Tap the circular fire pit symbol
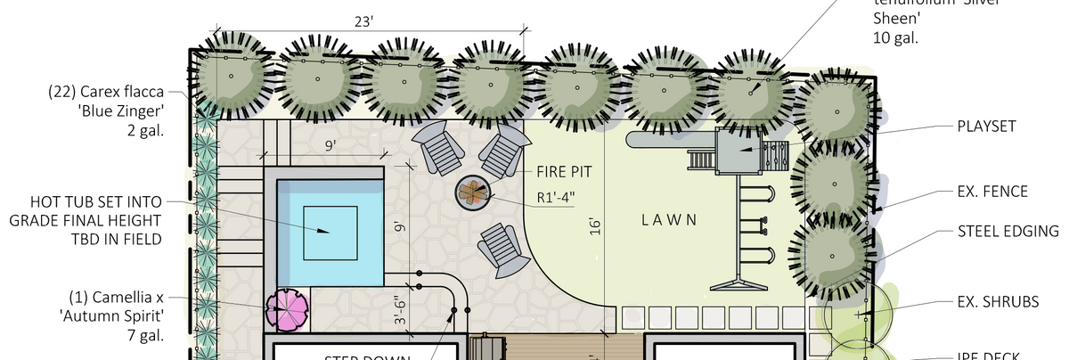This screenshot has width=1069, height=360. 472,192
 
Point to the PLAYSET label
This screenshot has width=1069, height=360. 986,127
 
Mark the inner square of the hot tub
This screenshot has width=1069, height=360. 330,231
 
